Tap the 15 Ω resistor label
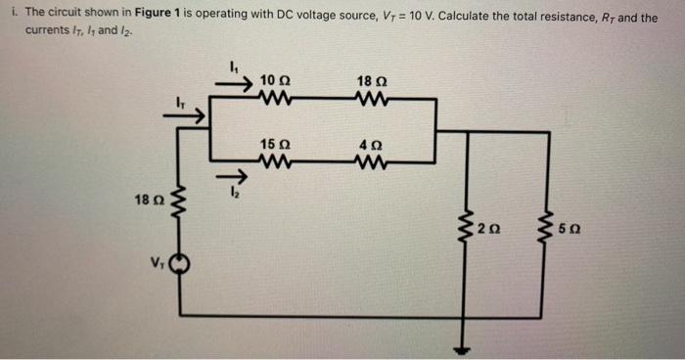(274, 145)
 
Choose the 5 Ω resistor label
(571, 229)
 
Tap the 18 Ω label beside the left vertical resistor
(144, 201)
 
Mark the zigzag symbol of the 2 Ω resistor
(469, 229)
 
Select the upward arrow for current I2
(221, 176)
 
